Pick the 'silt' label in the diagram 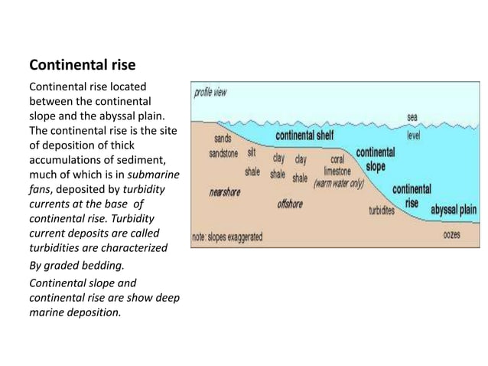tap(252, 153)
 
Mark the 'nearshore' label tap(225, 192)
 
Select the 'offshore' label tap(289, 204)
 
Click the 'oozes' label tap(451, 234)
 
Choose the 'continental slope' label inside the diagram tap(375, 158)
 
